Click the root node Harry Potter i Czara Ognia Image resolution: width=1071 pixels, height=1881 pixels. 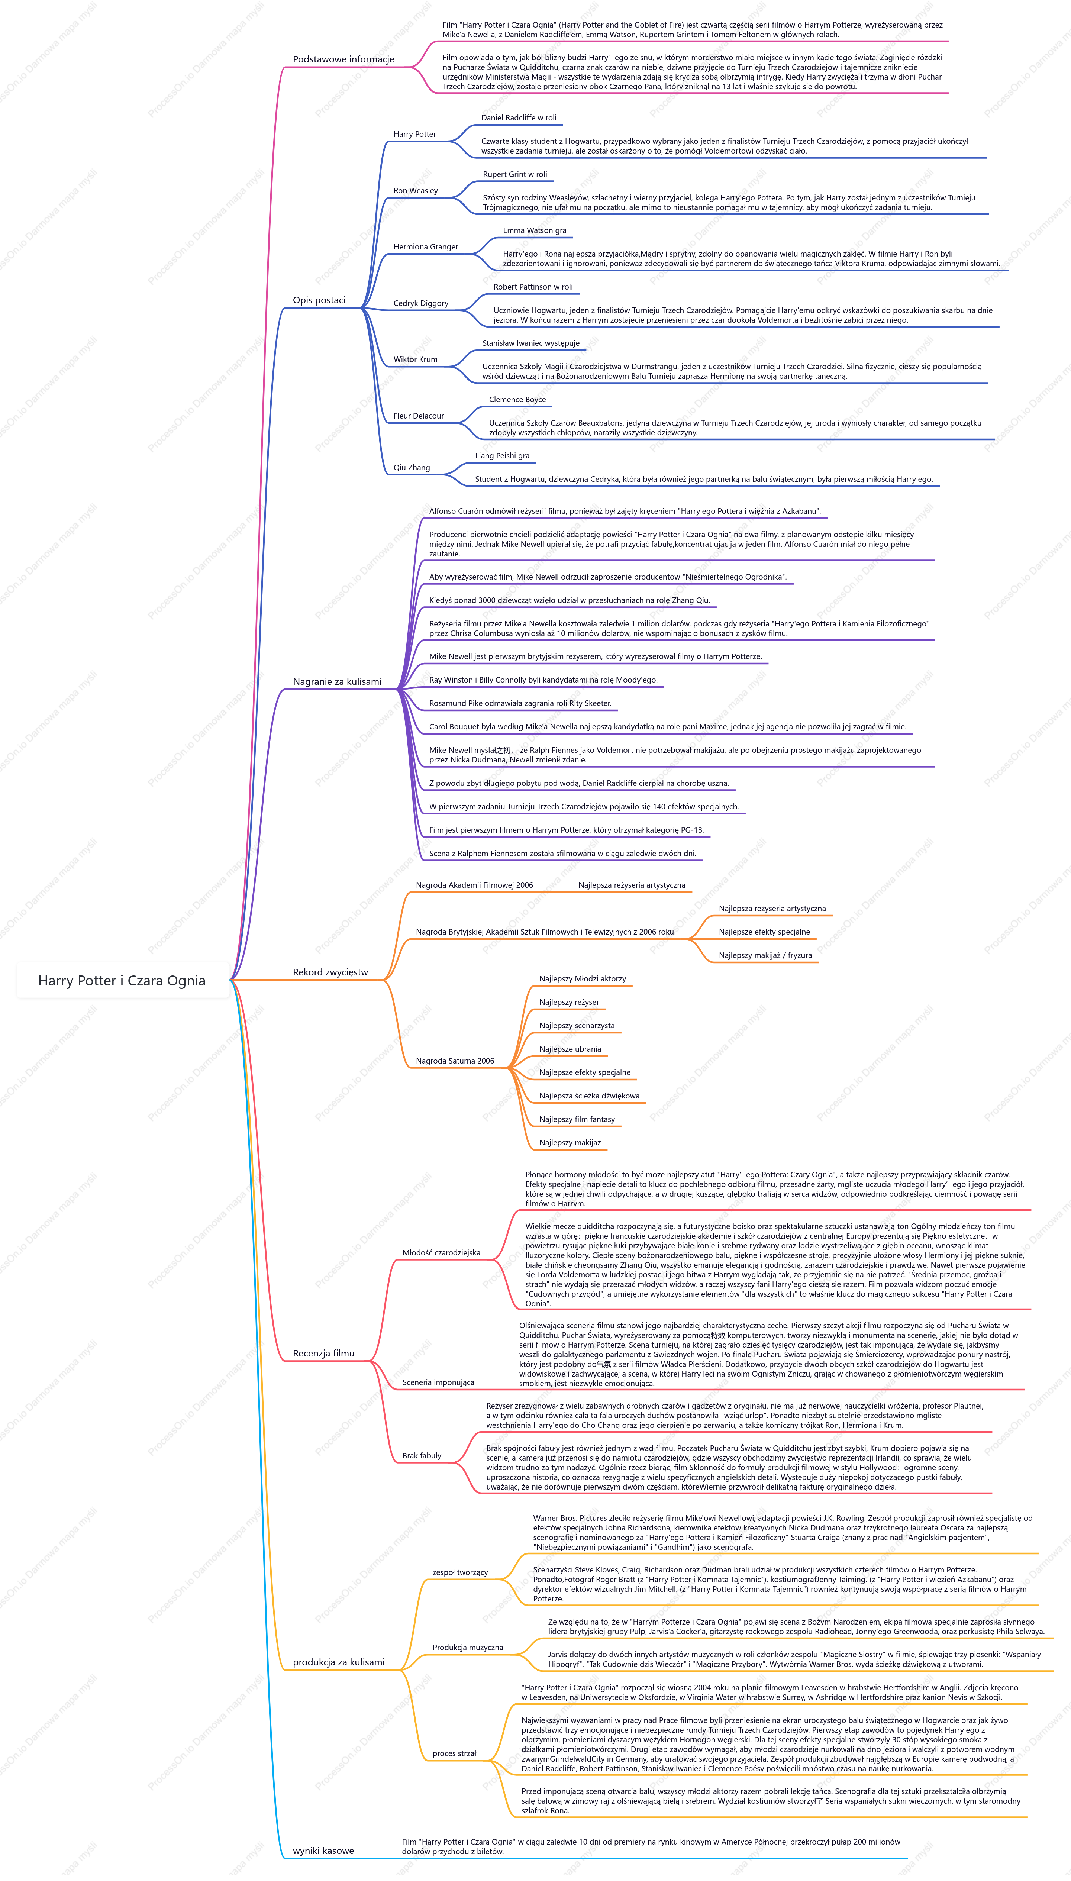122,980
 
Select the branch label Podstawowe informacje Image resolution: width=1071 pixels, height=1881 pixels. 343,59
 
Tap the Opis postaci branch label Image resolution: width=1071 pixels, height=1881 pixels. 319,300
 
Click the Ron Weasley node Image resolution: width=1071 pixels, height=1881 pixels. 416,190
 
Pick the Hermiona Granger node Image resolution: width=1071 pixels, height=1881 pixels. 426,247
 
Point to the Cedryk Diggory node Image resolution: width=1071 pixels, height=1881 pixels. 421,303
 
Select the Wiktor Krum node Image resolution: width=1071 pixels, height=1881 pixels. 416,359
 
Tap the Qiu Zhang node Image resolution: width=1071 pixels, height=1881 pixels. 412,468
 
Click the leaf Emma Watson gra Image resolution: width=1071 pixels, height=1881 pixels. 535,230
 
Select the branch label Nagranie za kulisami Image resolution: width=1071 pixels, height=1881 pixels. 337,682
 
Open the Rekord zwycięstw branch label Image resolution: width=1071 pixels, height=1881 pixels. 330,972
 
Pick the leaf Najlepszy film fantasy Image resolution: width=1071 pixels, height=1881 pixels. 577,1119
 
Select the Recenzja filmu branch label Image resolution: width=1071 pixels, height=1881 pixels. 324,1353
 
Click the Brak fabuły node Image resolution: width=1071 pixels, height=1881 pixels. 422,1455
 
